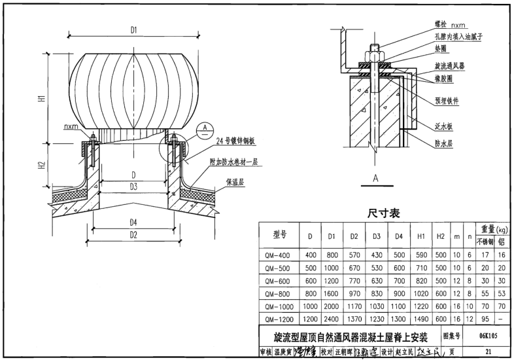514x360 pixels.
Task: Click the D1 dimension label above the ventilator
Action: (x=133, y=30)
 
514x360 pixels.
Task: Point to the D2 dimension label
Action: (x=133, y=234)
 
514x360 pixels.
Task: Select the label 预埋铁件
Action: (x=449, y=102)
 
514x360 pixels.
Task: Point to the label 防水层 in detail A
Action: (x=447, y=140)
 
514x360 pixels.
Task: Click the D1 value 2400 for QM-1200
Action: (x=332, y=319)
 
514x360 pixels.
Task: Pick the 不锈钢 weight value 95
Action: (x=485, y=319)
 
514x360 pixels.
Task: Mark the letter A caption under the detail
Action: (x=375, y=177)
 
